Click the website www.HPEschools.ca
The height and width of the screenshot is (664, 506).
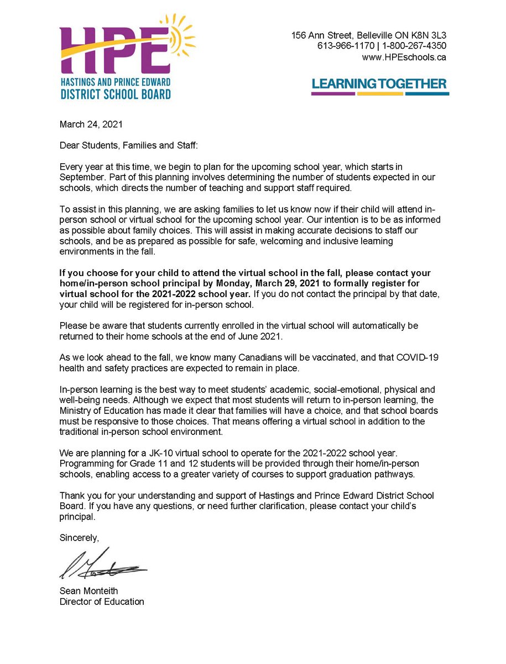point(404,57)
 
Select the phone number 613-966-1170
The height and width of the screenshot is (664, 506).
point(343,46)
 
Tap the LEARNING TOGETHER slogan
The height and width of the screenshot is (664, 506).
point(379,84)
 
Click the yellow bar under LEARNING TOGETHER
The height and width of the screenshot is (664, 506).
point(380,94)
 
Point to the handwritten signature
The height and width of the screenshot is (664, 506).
point(102,564)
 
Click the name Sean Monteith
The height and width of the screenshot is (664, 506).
point(88,590)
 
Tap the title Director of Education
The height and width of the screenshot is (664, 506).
point(102,601)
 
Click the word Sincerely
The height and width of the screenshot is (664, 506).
point(79,537)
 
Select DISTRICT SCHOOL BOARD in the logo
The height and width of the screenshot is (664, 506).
point(116,94)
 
